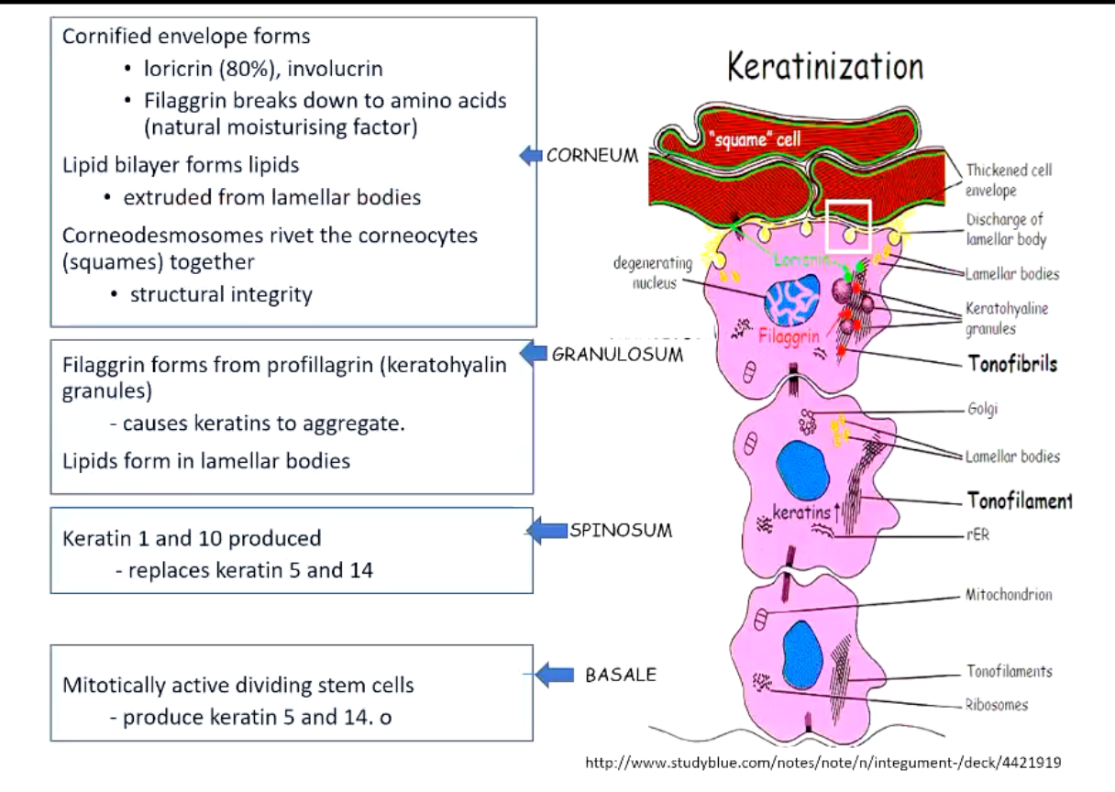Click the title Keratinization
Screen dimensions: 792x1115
point(824,68)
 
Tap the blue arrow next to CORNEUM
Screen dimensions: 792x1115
point(531,157)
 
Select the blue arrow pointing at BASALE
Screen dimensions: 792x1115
point(553,675)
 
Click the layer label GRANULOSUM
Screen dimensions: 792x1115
point(617,355)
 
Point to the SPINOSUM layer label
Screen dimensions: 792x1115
point(621,530)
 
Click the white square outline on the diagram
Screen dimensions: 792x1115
point(848,225)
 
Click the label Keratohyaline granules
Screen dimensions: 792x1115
point(1006,317)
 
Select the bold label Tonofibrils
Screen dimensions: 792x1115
point(1012,364)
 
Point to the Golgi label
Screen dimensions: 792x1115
point(982,409)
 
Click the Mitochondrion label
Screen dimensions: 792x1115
point(1009,595)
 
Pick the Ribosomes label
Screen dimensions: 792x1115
point(997,705)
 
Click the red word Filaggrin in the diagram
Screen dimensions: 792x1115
point(789,336)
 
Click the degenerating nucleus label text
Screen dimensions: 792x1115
point(654,274)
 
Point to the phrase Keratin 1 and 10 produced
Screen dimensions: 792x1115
point(191,537)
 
